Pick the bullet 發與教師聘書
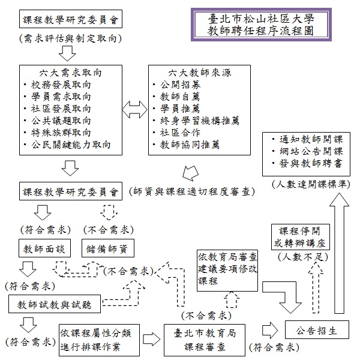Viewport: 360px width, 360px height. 307,163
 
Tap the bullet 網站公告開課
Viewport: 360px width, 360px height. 307,151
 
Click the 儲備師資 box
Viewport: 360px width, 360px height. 108,247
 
